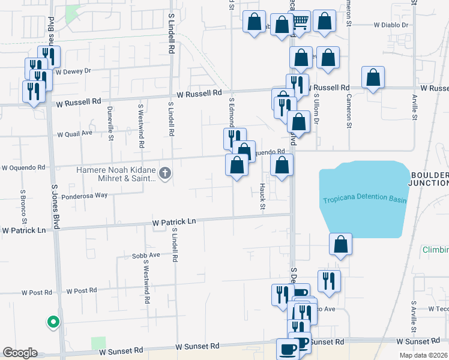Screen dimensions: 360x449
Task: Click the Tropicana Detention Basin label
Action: tap(364, 200)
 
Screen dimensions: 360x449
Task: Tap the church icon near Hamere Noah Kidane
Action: tap(166, 174)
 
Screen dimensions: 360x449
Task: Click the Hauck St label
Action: tap(262, 197)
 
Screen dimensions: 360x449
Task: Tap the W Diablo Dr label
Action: tap(390, 26)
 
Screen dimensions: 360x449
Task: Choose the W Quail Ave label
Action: tap(74, 133)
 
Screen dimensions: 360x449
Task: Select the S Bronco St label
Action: tap(22, 203)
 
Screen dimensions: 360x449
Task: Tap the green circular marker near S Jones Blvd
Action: tap(53, 322)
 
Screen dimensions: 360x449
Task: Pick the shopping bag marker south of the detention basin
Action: tap(340, 244)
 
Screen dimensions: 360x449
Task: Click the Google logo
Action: tap(19, 353)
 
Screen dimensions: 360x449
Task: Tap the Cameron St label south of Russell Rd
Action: tap(348, 110)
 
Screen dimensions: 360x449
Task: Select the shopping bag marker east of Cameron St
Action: tap(373, 77)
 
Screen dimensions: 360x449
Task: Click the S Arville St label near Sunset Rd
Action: tap(414, 317)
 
